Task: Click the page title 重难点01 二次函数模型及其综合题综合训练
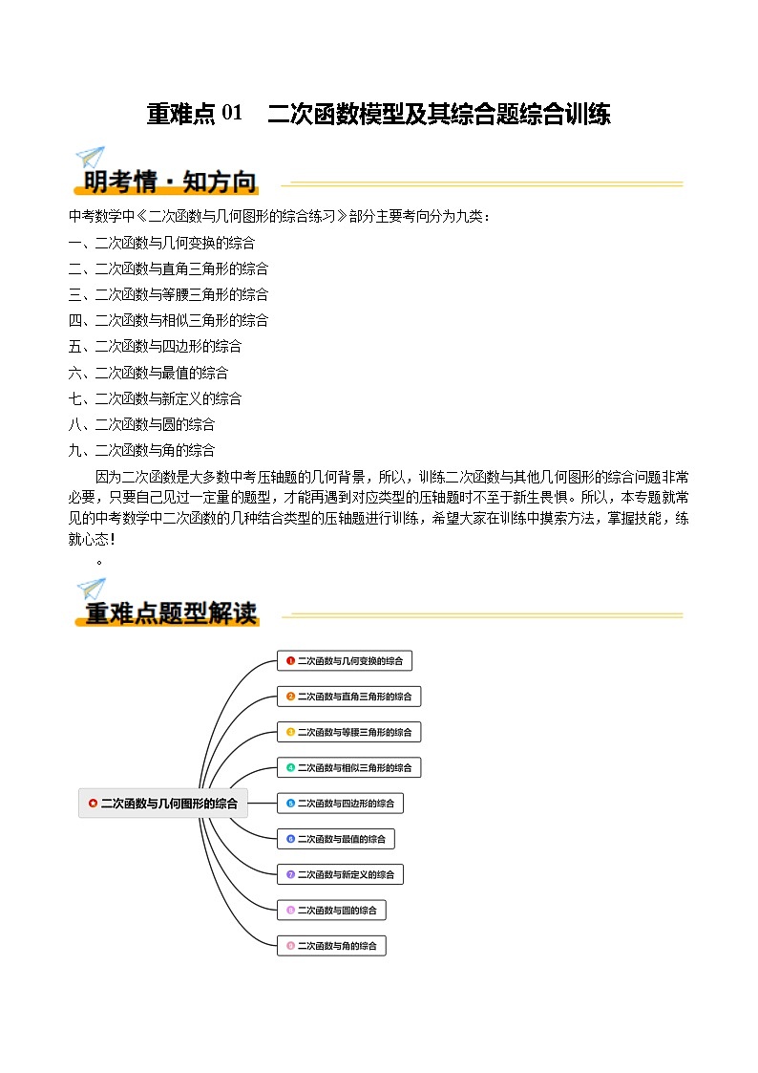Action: [378, 115]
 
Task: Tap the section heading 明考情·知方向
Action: [170, 181]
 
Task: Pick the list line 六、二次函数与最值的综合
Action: [148, 373]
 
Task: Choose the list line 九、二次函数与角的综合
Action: [141, 450]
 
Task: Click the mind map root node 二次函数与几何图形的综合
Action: [162, 804]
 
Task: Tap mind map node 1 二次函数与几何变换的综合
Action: [345, 660]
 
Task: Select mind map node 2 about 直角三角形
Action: [349, 697]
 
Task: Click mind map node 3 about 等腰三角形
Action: [349, 732]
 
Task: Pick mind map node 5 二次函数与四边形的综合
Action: [341, 804]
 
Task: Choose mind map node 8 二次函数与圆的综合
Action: [332, 910]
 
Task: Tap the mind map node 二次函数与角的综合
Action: [331, 946]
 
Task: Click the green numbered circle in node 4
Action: [290, 768]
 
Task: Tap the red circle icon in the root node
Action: [92, 804]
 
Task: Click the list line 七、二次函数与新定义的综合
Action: [155, 398]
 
